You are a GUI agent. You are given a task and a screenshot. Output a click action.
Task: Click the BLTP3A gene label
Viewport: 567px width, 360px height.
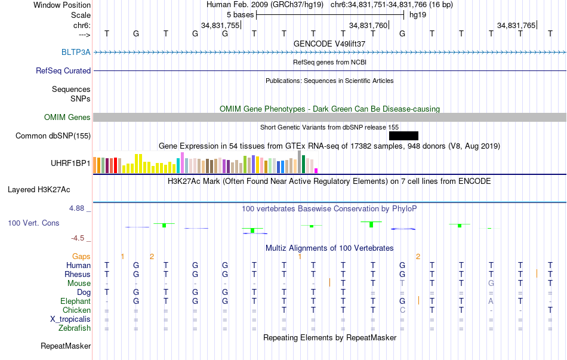click(x=76, y=52)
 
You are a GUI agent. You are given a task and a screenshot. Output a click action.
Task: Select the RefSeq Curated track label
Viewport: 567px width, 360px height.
click(x=63, y=70)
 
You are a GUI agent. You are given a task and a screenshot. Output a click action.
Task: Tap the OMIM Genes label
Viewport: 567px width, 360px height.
click(x=67, y=117)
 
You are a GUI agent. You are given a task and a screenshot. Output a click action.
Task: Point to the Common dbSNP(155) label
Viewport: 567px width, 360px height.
click(x=53, y=136)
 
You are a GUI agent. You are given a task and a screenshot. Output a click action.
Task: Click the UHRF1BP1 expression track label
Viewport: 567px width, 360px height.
click(x=71, y=162)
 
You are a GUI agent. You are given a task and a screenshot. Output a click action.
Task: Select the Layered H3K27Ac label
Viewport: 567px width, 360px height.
click(x=39, y=190)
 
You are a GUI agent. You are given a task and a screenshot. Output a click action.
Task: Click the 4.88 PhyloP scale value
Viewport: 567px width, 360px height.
click(x=78, y=208)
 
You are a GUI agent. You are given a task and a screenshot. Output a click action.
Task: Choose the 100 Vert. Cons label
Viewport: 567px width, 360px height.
click(x=33, y=223)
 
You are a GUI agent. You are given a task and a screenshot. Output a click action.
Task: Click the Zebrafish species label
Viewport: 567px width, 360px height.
click(x=75, y=328)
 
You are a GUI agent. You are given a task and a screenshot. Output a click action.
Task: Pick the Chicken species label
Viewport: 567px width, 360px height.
click(x=76, y=310)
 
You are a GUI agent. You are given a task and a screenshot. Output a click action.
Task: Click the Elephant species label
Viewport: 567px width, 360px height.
click(x=75, y=301)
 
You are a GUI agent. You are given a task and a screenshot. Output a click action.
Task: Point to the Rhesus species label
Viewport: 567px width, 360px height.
click(x=78, y=274)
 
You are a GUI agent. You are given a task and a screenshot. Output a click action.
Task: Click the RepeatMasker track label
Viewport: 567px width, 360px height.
click(x=66, y=346)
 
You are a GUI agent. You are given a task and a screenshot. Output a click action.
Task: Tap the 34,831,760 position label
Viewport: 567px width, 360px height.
click(x=368, y=25)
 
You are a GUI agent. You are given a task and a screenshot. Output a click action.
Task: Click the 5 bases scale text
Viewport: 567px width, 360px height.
click(x=240, y=14)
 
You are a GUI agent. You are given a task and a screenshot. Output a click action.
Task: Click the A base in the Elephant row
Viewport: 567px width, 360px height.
click(x=491, y=301)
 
